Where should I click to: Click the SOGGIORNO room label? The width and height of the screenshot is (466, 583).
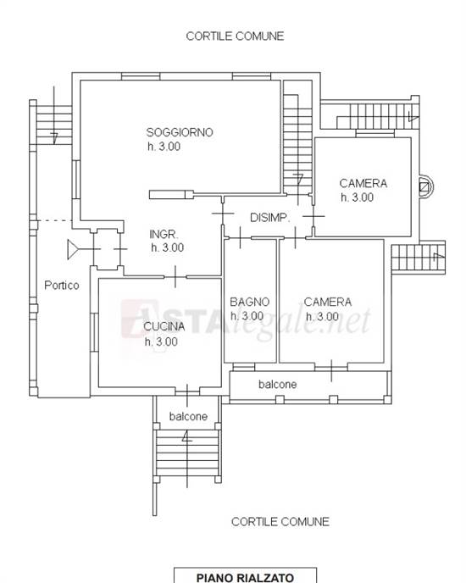[x=179, y=132]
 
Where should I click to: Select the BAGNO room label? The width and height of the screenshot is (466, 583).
[x=250, y=302]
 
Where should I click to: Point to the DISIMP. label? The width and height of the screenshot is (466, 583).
[x=269, y=218]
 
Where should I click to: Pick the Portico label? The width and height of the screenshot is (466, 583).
[x=61, y=286]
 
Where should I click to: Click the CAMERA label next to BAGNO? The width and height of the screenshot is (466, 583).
[x=327, y=302]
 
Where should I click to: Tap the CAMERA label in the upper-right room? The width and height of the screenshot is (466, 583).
[x=363, y=183]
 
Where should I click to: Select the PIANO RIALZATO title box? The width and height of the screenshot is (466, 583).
[x=235, y=577]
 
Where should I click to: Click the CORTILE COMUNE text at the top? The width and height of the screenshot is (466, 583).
[x=235, y=36]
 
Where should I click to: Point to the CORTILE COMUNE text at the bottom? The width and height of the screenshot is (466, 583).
[x=280, y=522]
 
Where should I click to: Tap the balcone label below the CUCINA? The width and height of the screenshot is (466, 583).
[x=188, y=417]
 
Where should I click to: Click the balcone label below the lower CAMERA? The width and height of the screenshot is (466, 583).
[x=277, y=385]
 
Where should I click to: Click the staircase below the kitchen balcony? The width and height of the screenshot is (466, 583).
[x=187, y=453]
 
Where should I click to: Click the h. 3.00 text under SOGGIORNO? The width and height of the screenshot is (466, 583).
[x=164, y=147]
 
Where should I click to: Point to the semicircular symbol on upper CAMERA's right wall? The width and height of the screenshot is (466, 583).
[x=424, y=186]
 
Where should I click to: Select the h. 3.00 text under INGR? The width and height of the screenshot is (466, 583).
[x=168, y=248]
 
